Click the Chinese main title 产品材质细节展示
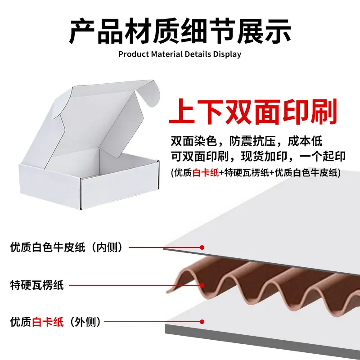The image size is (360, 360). (x=180, y=31)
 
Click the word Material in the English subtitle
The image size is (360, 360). (x=167, y=54)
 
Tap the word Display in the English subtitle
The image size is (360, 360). (x=227, y=54)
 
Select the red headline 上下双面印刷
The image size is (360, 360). (x=253, y=112)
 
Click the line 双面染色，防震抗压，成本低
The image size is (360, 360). (x=247, y=141)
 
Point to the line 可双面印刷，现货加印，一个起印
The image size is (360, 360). (x=258, y=156)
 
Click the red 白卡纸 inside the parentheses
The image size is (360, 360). (x=206, y=172)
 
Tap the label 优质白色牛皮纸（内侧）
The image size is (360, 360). (x=67, y=247)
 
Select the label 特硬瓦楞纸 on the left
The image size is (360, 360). (x=37, y=285)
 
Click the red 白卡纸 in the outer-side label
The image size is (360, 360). (x=48, y=322)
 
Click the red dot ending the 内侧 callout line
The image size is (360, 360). (x=202, y=247)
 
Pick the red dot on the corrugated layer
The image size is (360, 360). (x=202, y=285)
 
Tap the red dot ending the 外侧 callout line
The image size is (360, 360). (x=202, y=322)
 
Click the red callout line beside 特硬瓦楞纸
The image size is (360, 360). (x=135, y=285)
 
